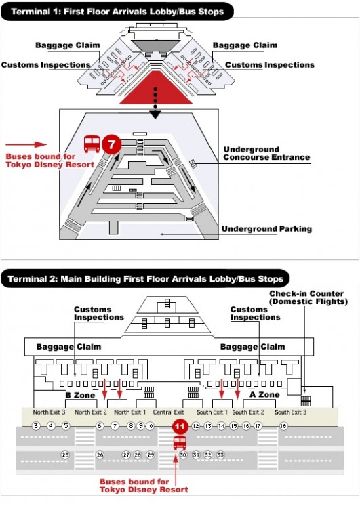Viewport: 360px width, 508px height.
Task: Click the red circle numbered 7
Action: point(112,144)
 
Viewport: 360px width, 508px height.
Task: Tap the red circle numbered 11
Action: point(180,427)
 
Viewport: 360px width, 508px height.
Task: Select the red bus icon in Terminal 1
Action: point(92,144)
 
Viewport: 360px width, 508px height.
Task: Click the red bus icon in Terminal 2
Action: point(180,442)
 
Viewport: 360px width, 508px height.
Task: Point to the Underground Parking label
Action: point(266,229)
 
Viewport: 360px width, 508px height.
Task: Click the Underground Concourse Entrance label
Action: point(266,154)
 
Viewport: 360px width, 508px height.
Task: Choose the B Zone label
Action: point(80,396)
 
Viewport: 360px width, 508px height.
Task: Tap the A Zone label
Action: point(264,395)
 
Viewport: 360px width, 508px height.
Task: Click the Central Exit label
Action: point(168,412)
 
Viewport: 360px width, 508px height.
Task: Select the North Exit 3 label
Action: point(49,412)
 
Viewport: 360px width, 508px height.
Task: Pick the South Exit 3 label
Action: point(291,412)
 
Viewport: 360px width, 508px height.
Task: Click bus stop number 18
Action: point(283,426)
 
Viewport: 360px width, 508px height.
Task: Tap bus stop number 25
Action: point(66,455)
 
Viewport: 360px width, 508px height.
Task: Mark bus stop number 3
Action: point(36,426)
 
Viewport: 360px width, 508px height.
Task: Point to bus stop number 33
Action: point(220,455)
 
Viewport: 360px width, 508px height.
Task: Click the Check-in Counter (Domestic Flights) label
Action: point(308,298)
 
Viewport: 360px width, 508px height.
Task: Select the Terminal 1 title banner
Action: point(117,12)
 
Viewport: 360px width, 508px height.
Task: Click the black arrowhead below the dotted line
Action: point(155,114)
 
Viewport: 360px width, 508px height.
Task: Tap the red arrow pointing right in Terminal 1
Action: point(26,144)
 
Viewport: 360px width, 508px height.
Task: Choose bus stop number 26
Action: point(100,455)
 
